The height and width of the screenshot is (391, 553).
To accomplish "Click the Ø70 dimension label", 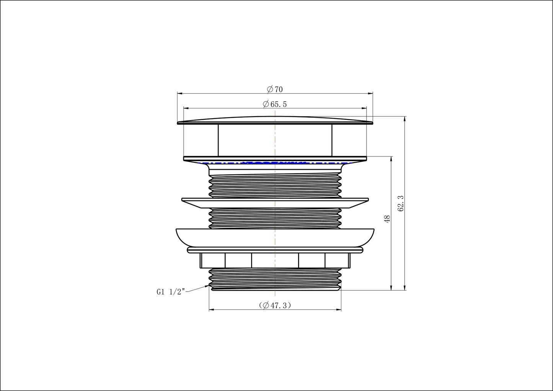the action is click(x=275, y=89).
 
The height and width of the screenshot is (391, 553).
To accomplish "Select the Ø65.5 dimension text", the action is click(x=275, y=104).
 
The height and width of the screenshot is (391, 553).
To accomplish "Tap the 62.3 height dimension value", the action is click(x=401, y=204).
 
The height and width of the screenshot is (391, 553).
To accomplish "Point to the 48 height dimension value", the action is click(x=387, y=219).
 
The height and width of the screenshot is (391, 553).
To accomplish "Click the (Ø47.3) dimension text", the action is click(x=275, y=306).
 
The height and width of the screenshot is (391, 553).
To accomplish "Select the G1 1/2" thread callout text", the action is click(x=171, y=292).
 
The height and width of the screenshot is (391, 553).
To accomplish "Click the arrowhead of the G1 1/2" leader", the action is click(x=207, y=286).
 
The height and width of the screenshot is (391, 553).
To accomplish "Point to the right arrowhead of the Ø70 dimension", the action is click(x=370, y=94).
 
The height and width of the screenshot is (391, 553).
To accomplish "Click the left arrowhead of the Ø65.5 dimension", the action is click(x=186, y=108).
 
